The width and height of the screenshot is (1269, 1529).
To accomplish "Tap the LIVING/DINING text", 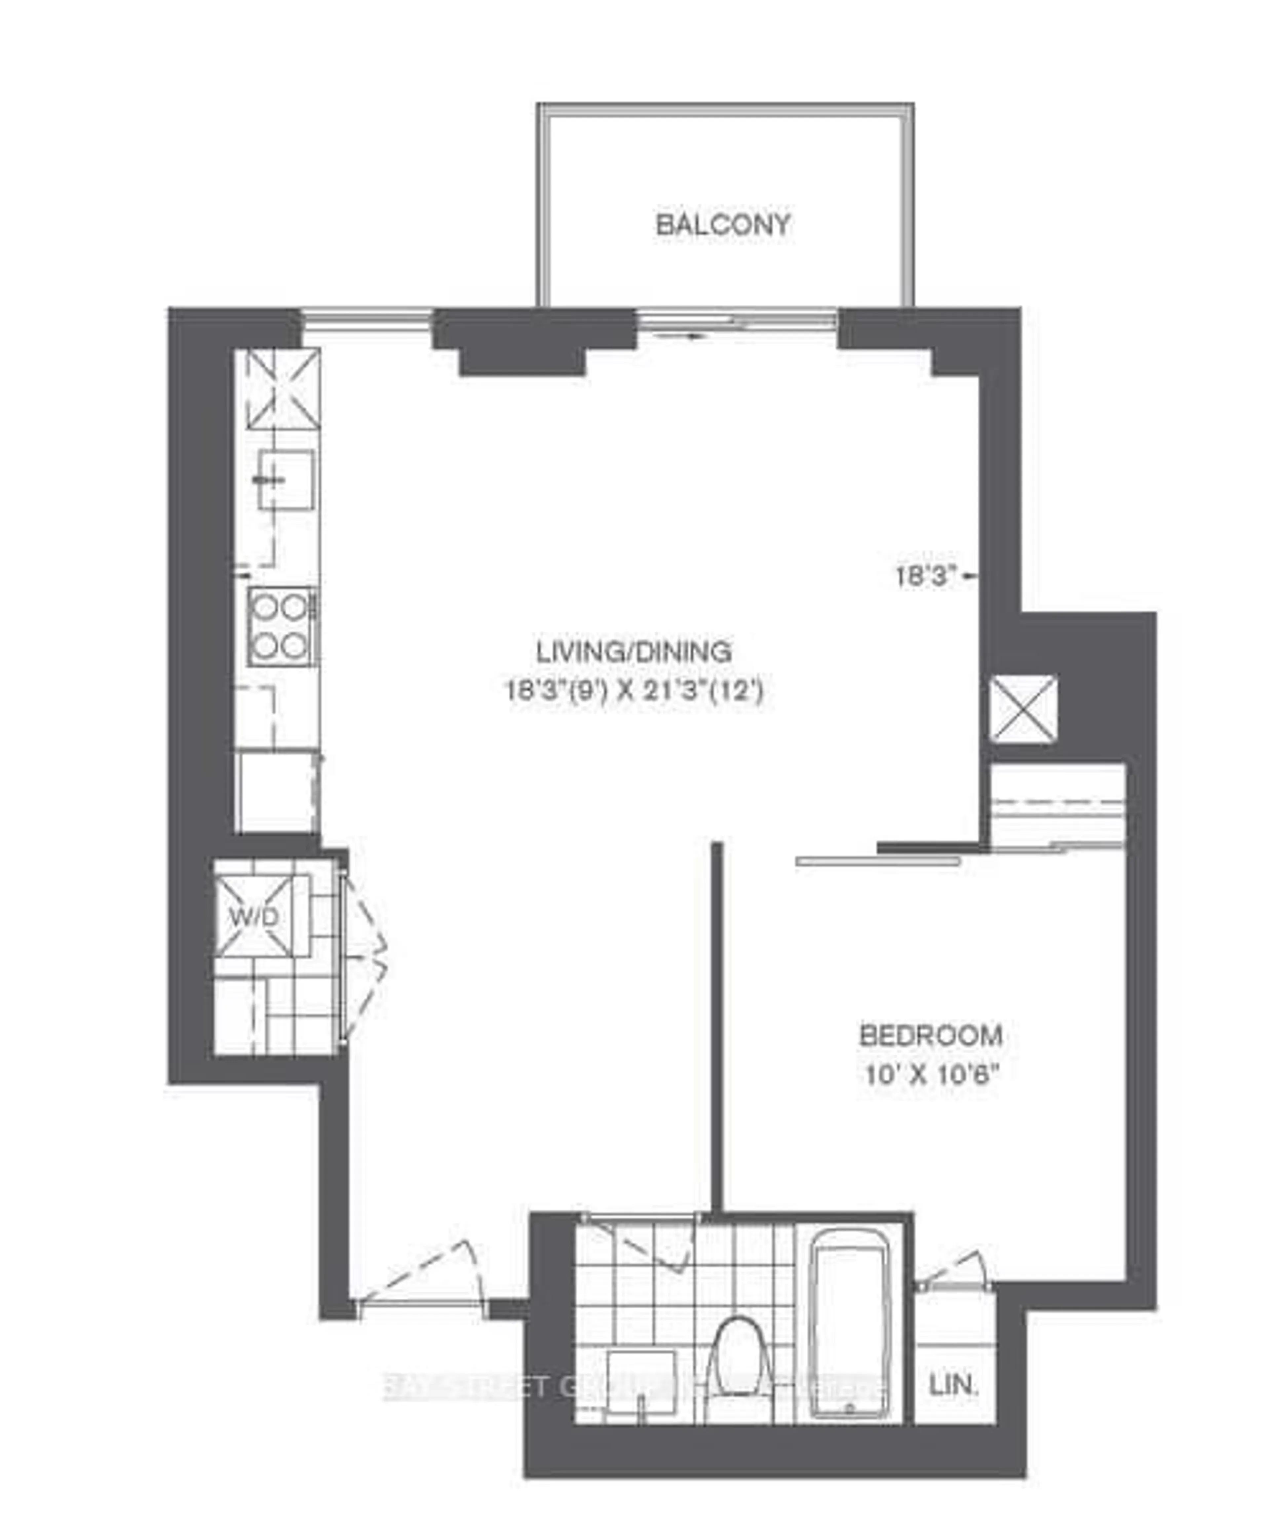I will pos(634,652).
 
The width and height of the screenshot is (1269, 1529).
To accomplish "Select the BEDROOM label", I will pos(931,1035).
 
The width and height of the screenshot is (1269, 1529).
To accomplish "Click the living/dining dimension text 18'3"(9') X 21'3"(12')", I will pos(634,690).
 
